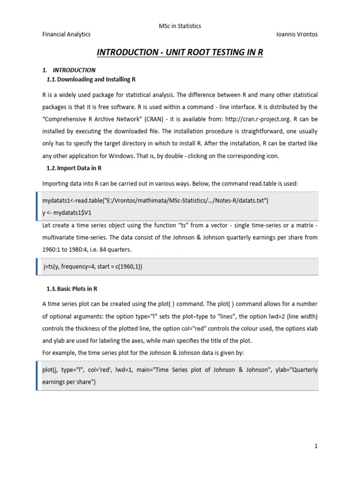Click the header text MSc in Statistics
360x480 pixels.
180,26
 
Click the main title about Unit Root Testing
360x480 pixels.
180,52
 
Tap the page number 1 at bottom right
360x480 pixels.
316,446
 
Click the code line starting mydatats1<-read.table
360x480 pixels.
155,201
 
